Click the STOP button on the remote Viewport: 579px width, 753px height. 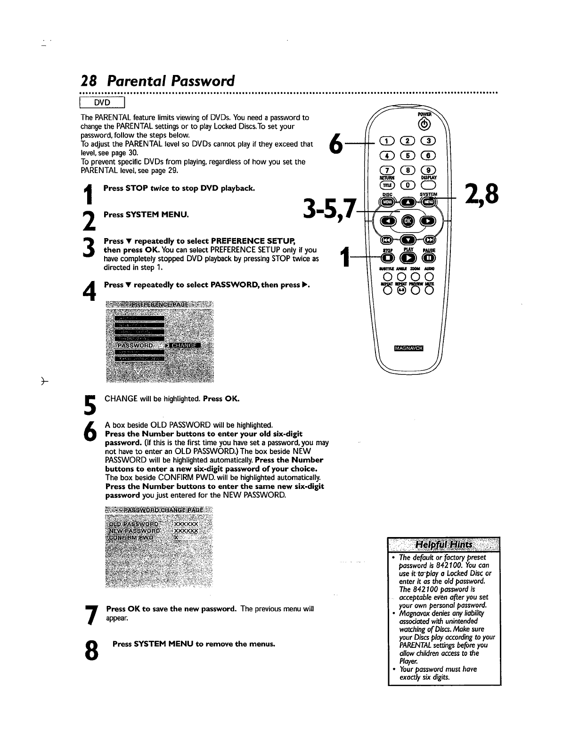point(387,258)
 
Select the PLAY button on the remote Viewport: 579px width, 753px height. point(408,258)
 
